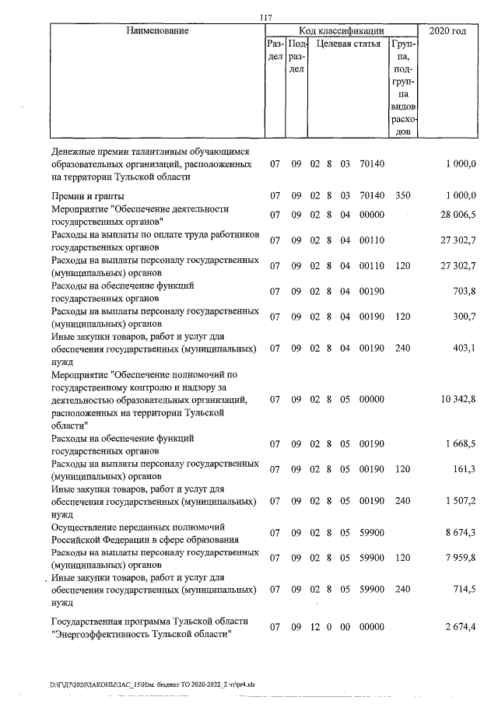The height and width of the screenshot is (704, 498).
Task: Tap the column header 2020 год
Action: (447, 30)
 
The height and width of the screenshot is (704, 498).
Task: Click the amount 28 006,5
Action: (454, 215)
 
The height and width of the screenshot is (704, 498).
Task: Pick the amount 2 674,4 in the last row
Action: (456, 627)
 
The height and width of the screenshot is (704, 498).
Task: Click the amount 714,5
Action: (462, 590)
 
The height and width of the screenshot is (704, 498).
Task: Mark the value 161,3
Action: (462, 469)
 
